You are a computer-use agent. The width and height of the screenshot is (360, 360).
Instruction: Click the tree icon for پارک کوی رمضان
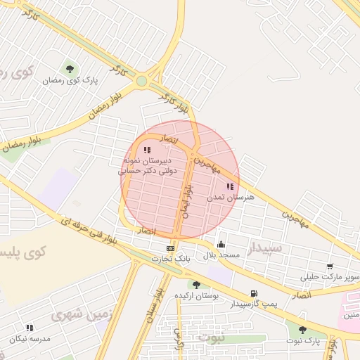point(70,68)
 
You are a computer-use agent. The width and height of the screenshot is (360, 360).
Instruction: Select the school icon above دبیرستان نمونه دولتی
point(146,150)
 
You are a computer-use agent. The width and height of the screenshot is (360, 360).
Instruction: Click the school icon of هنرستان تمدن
point(230,186)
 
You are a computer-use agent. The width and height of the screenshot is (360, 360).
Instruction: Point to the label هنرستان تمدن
point(230,198)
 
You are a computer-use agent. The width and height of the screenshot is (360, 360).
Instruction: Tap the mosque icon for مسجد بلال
point(221,245)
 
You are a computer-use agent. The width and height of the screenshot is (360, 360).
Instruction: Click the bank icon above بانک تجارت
point(170,249)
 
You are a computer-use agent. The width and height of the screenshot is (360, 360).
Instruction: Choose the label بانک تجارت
point(171,259)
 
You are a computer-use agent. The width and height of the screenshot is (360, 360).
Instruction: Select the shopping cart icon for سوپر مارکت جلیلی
point(330,266)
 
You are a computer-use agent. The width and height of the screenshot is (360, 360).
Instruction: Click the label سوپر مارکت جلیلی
point(325,277)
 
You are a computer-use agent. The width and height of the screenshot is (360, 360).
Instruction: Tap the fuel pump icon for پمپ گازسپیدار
point(253,294)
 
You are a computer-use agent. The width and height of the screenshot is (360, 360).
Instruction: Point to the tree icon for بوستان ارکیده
point(196,285)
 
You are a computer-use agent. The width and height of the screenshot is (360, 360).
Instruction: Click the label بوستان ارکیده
point(197,296)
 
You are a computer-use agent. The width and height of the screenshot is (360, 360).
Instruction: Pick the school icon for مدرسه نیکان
point(30,328)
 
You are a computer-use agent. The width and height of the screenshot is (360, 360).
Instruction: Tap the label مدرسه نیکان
point(30,339)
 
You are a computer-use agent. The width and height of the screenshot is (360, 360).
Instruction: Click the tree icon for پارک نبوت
point(302,330)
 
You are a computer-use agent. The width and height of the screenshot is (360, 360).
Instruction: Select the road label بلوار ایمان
point(186,199)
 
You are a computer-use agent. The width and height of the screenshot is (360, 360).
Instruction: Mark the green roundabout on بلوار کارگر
point(142,81)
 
